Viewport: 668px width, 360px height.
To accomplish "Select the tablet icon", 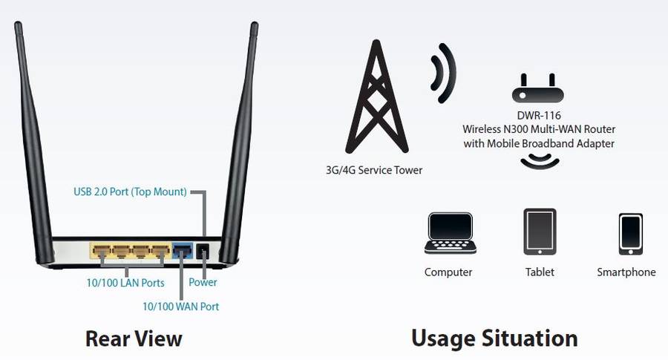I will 540,232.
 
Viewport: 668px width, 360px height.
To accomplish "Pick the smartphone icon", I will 630,235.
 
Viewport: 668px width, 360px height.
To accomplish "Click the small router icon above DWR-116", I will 537,90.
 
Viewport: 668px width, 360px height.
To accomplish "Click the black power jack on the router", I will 202,252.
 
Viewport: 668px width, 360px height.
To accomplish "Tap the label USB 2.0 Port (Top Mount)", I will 130,192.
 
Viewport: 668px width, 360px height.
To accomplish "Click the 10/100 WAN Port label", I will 181,306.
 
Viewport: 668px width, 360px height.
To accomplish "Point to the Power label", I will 203,283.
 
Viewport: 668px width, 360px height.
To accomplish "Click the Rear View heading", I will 134,338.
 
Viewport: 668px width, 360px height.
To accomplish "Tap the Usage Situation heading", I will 494,338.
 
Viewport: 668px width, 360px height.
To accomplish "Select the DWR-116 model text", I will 539,116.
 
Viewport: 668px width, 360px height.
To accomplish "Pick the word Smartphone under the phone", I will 626,272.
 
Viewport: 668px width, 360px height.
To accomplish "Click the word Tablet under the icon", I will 540,272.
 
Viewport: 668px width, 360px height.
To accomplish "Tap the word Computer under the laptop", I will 448,272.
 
